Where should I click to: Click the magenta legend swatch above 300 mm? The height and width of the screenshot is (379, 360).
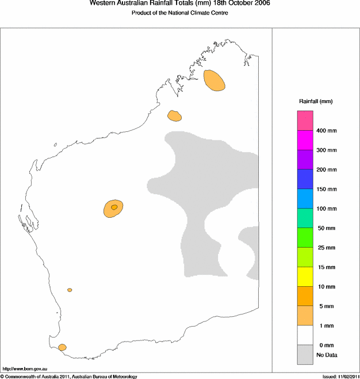point(305,140)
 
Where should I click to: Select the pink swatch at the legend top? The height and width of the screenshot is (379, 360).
point(305,120)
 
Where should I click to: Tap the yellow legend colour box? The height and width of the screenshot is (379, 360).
point(305,276)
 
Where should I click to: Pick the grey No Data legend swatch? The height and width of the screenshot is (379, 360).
point(305,354)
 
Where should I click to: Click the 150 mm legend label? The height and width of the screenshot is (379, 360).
point(327,189)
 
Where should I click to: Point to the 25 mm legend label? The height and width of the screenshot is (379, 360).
point(326,248)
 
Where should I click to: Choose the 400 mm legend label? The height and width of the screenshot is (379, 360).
point(327,131)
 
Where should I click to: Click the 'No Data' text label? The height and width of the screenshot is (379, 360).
point(327,355)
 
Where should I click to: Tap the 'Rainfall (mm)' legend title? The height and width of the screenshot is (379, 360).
point(315,101)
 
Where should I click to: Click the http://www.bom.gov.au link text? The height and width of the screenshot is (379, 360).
point(25,367)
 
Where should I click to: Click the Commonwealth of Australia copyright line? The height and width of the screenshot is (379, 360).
point(69,376)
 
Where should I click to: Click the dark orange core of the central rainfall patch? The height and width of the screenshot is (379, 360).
point(114,207)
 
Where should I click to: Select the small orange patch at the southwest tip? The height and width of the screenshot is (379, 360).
point(62,347)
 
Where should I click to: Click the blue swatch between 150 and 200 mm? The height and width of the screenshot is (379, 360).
point(305,179)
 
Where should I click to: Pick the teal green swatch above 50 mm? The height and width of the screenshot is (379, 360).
point(305,218)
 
